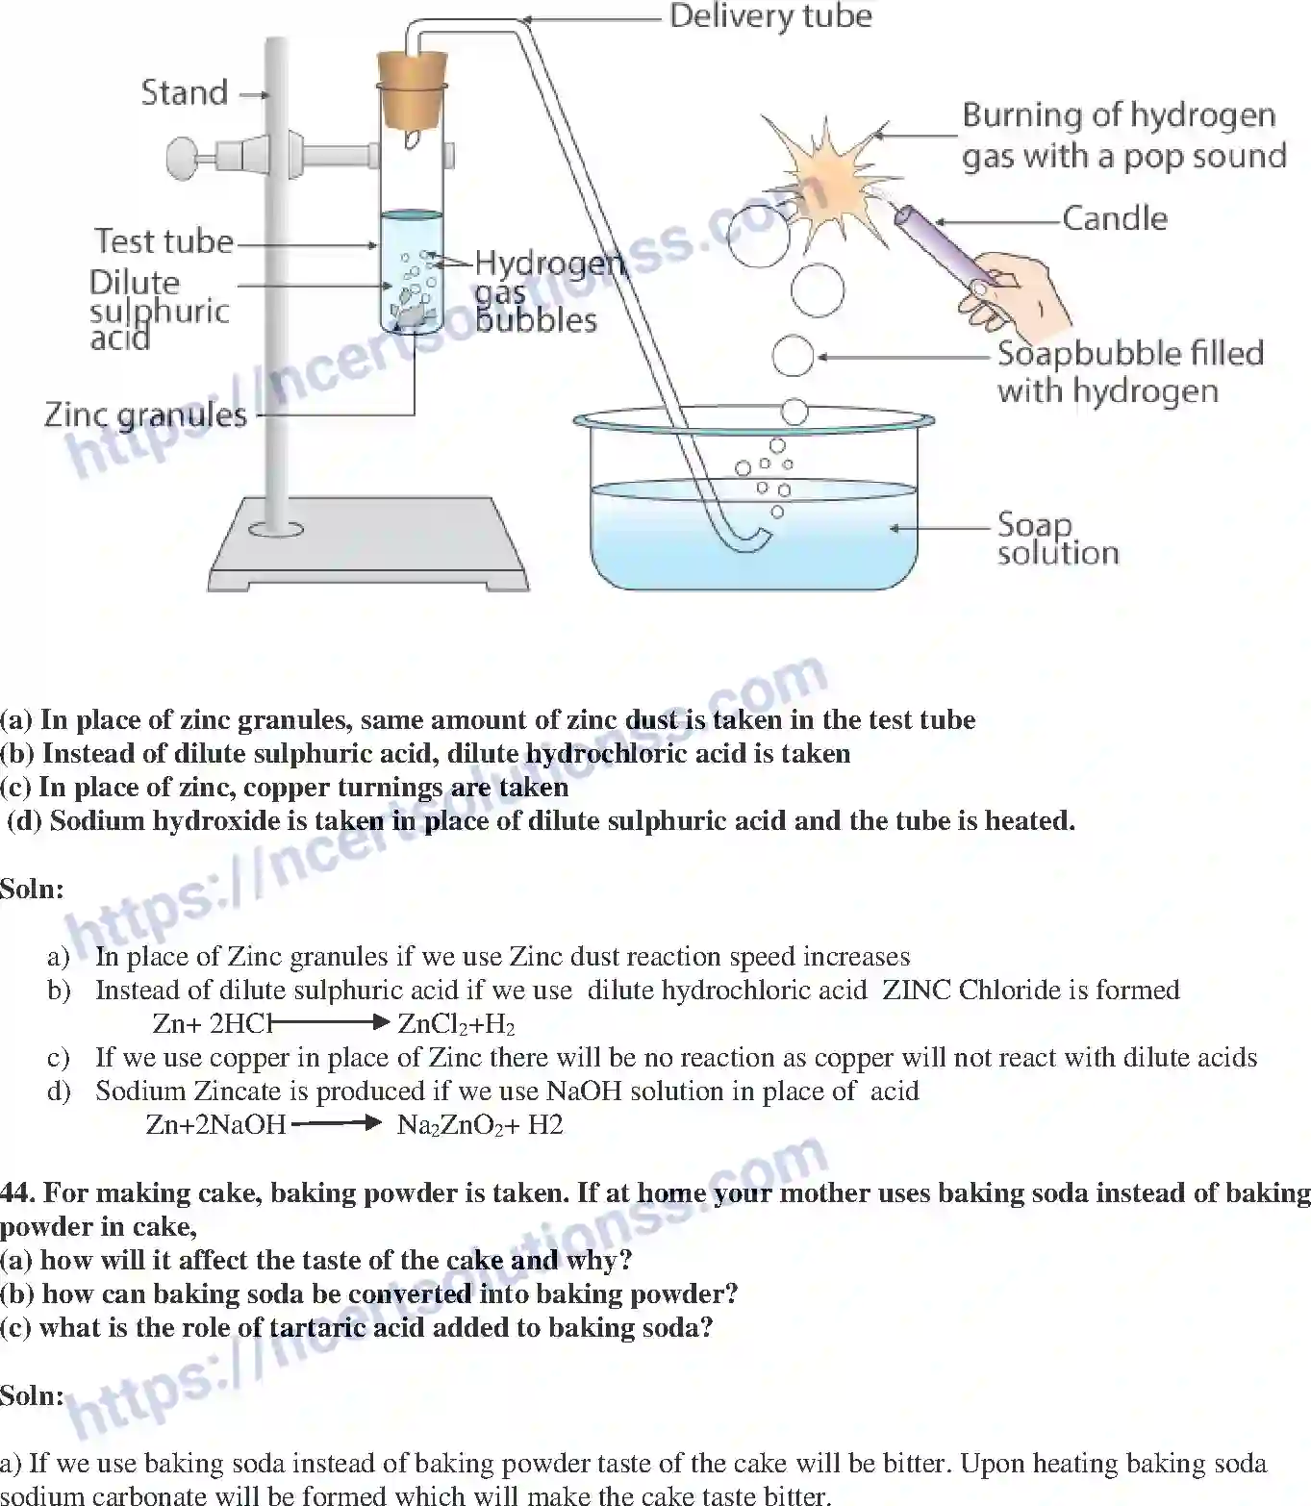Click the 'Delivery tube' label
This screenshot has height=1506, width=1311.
(770, 17)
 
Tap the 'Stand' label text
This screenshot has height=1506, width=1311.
(185, 93)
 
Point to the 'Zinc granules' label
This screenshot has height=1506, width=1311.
(145, 415)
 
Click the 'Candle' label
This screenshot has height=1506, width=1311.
(1115, 219)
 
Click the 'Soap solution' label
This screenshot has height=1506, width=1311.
(1057, 539)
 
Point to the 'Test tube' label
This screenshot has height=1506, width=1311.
(164, 241)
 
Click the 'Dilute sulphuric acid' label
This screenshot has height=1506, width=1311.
(159, 311)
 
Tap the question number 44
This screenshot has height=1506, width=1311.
(16, 1193)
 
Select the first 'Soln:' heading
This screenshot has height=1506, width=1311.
(32, 889)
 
